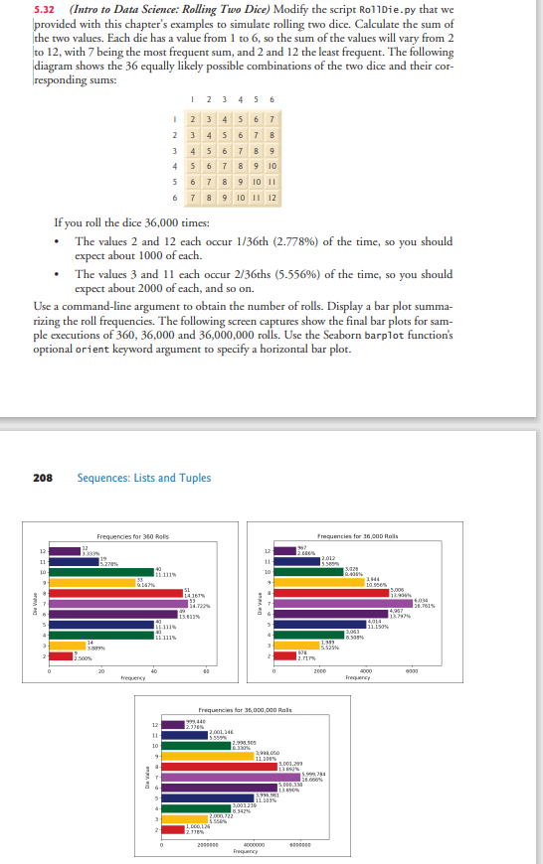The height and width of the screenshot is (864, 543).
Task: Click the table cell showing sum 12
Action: pyautogui.click(x=269, y=198)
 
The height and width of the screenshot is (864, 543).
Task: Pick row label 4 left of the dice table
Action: pyautogui.click(x=173, y=167)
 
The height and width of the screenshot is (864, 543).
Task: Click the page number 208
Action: pyautogui.click(x=42, y=478)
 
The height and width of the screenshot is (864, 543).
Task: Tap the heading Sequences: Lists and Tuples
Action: pyautogui.click(x=144, y=478)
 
